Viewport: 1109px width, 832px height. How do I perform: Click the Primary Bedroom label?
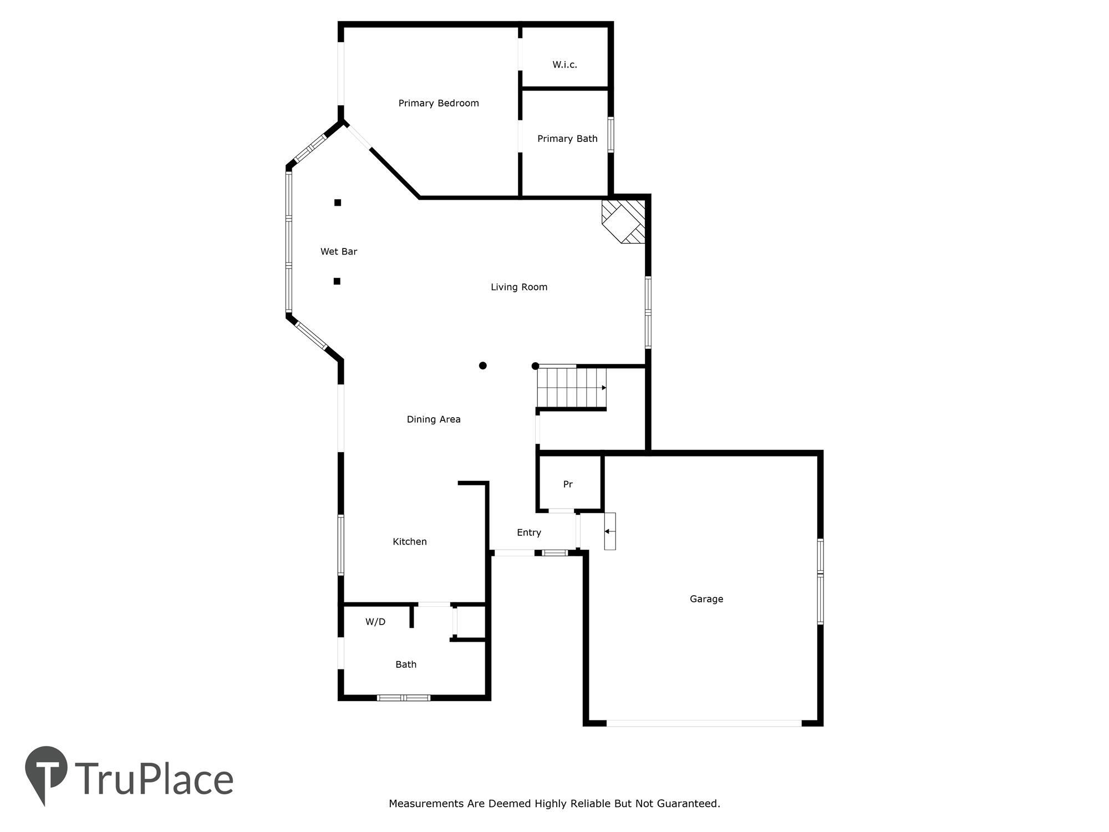[438, 103]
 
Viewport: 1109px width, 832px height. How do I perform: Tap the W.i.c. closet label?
[564, 65]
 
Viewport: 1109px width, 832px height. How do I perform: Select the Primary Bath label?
[567, 139]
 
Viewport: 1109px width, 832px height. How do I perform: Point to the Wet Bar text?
[338, 252]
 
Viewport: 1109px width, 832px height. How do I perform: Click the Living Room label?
[518, 287]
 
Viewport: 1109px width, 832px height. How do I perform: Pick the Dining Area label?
[433, 419]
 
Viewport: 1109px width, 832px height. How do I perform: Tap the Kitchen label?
[409, 542]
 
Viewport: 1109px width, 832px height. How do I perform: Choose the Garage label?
[706, 599]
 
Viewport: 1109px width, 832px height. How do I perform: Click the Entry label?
[528, 532]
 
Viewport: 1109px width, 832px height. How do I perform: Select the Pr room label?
[567, 485]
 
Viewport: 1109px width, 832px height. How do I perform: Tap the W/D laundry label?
[375, 622]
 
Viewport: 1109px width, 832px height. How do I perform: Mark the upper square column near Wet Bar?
[337, 202]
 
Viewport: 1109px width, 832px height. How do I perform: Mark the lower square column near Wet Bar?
[337, 281]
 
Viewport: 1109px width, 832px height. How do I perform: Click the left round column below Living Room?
[482, 366]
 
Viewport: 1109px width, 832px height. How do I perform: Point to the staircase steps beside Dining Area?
[571, 388]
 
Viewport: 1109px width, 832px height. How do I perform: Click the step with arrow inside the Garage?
[609, 531]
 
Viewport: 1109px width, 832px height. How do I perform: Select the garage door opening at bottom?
[703, 723]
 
